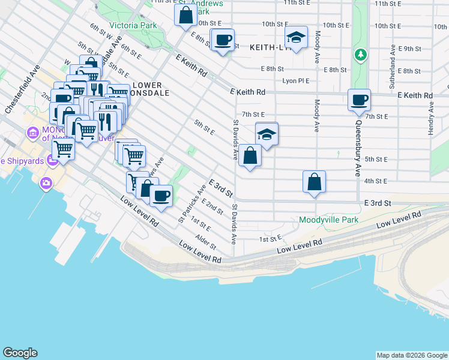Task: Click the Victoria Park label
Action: click(133, 26)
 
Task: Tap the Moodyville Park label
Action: click(329, 220)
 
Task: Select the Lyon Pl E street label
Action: click(296, 81)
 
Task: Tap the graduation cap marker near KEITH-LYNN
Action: click(296, 38)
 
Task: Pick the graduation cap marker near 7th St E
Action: click(267, 134)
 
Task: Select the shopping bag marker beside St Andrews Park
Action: click(185, 14)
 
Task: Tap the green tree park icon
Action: click(360, 55)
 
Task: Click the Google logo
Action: click(20, 353)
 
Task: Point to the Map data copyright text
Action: click(412, 355)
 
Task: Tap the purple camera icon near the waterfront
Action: click(45, 183)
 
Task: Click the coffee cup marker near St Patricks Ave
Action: click(161, 196)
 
